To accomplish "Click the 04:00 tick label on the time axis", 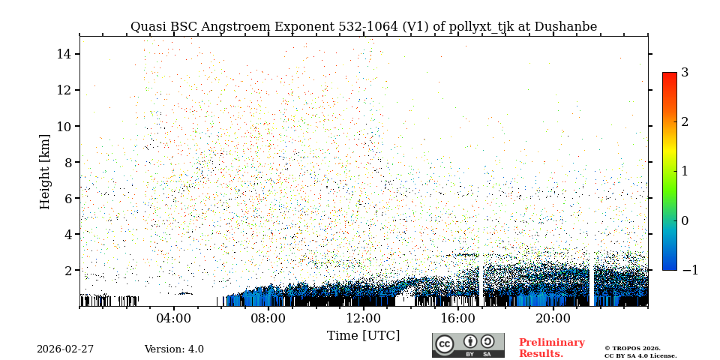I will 174,318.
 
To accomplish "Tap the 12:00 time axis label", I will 364,318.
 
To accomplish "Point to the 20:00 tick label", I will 553,318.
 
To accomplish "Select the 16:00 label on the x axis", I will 458,318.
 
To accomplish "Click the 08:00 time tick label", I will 268,318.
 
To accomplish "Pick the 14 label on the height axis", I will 63,54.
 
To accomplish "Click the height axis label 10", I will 63,126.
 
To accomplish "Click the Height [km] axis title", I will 46,171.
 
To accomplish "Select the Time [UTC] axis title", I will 364,336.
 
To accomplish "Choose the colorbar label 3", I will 685,73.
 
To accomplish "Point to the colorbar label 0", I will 685,220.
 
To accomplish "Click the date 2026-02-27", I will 65,349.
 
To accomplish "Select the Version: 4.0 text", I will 174,349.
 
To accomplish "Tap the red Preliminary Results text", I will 551,348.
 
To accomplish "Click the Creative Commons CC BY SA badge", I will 468,345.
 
